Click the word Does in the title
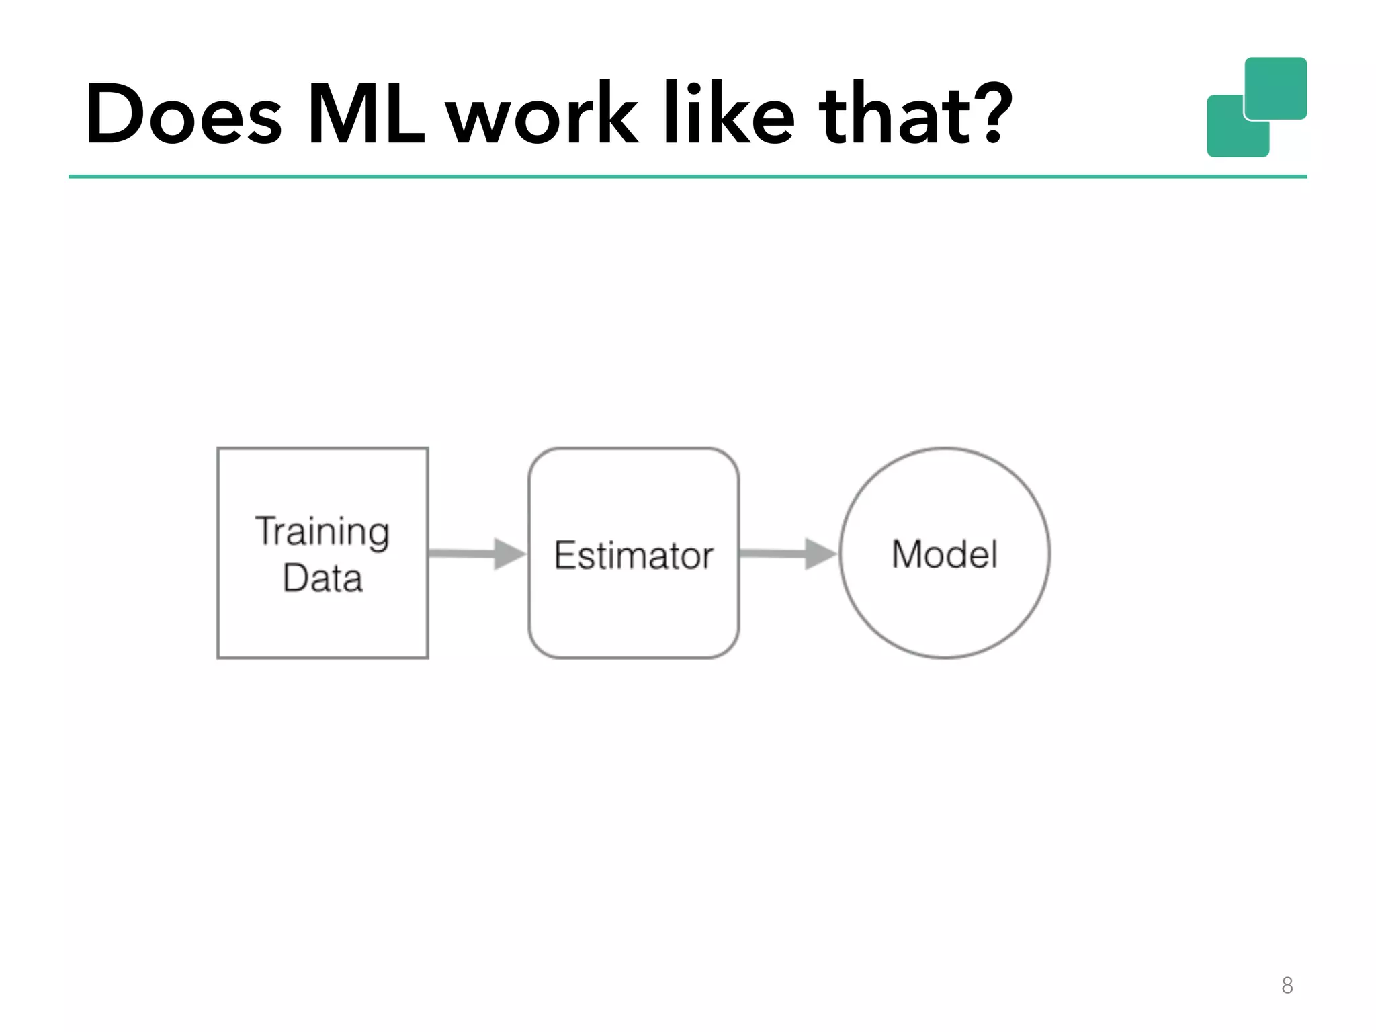(x=183, y=114)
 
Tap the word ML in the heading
(x=366, y=114)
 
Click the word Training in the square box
(x=322, y=531)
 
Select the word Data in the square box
(x=322, y=578)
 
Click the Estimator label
(x=634, y=556)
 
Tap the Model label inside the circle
(x=945, y=554)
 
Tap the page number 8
(x=1287, y=985)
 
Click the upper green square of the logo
(x=1276, y=87)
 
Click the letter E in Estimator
(x=565, y=555)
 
